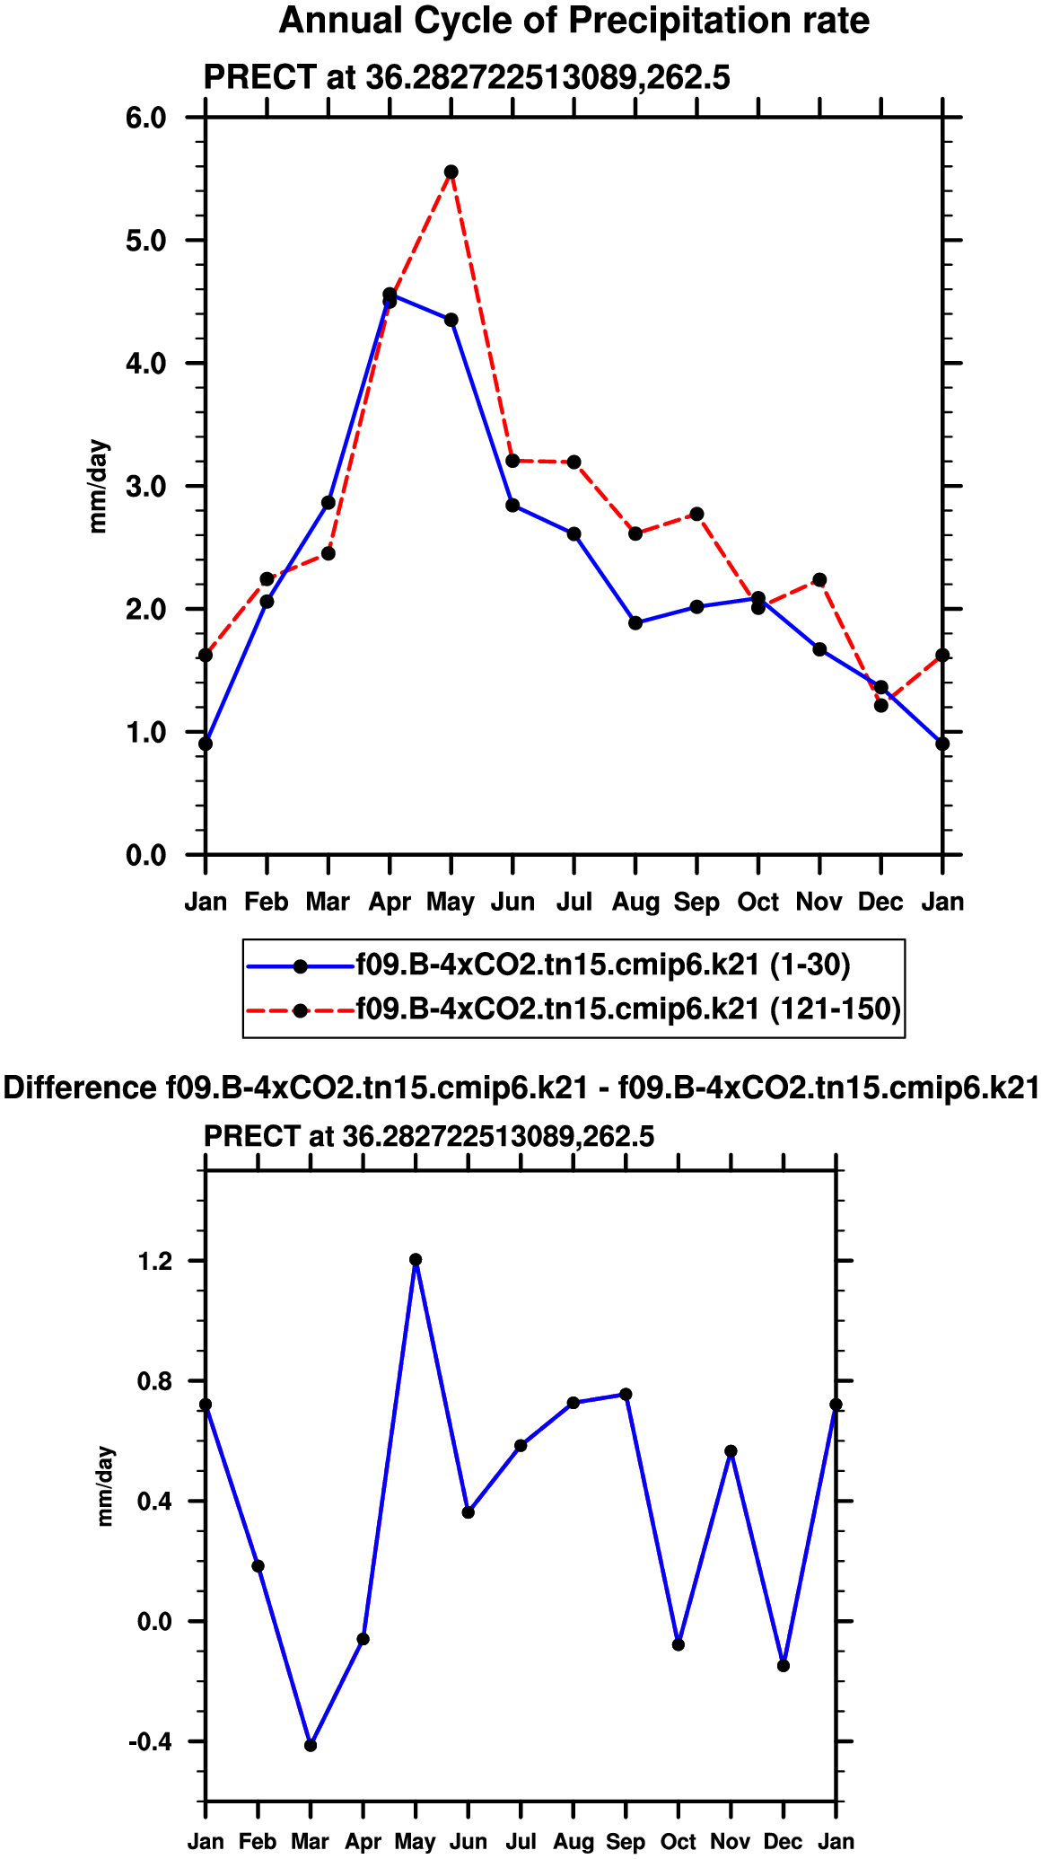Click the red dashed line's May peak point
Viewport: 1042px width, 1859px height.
point(451,172)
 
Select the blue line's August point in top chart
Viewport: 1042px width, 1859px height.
point(635,622)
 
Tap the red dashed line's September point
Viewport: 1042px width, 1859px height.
point(696,514)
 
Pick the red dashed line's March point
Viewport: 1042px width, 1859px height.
point(328,553)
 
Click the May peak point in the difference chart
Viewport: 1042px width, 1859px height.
point(416,1260)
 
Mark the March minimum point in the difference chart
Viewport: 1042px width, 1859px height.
point(311,1745)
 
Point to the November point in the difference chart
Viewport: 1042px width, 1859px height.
point(731,1451)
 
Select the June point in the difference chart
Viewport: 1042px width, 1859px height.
point(468,1512)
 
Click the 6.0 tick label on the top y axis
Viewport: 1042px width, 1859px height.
point(146,118)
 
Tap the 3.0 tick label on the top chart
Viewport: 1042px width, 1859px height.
point(146,487)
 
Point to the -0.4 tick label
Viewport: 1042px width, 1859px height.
point(150,1742)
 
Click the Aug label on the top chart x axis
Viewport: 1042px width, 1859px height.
point(635,902)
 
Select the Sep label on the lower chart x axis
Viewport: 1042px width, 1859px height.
point(626,1842)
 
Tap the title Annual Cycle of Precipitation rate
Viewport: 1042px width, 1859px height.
point(574,20)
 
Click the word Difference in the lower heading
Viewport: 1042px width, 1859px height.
point(80,1088)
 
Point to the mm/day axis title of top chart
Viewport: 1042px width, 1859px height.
point(99,487)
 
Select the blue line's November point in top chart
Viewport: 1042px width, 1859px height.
point(819,649)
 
